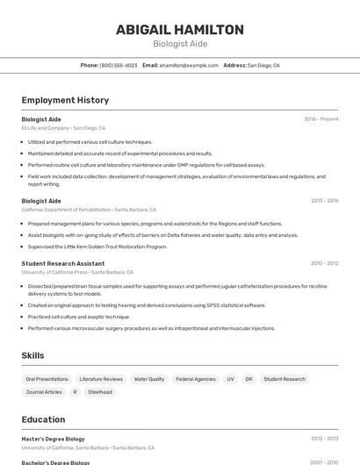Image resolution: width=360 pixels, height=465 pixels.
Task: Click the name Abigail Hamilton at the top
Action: [x=180, y=29]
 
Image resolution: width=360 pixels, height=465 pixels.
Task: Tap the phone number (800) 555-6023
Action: [x=119, y=65]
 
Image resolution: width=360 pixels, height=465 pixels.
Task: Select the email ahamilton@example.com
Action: [x=189, y=65]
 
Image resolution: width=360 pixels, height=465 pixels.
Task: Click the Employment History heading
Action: [x=65, y=100]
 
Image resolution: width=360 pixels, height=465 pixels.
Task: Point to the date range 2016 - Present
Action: [x=321, y=118]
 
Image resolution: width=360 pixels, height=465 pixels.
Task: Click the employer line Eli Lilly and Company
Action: [x=46, y=128]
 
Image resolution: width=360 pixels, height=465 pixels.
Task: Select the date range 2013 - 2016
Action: [x=324, y=200]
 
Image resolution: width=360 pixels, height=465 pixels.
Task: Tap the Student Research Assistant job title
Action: [x=63, y=263]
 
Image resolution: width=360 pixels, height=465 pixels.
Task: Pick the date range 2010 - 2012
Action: [x=324, y=263]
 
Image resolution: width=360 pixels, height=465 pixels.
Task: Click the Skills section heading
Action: [x=33, y=355]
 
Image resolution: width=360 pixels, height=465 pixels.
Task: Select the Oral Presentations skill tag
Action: [x=47, y=379]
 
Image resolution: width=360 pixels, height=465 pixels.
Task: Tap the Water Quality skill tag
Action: [x=149, y=379]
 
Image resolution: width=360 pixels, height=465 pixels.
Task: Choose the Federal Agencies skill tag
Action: [x=196, y=379]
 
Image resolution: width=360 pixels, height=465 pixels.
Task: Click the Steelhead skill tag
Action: [x=100, y=392]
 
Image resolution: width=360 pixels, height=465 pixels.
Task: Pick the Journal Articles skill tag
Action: [x=44, y=392]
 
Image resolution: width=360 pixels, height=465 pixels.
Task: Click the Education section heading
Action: [x=43, y=419]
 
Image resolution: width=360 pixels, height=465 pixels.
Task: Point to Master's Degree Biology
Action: [x=54, y=439]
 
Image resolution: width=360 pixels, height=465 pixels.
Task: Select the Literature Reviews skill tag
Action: [x=101, y=379]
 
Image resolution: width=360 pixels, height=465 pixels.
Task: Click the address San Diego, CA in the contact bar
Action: [x=263, y=65]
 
